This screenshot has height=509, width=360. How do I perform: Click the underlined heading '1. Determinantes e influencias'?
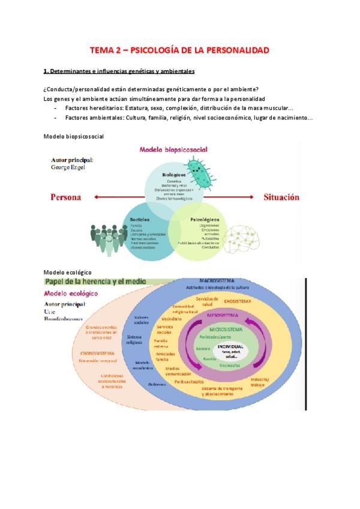click(119, 71)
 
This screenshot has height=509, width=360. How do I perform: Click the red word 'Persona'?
click(65, 197)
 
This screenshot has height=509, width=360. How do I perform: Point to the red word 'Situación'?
click(281, 197)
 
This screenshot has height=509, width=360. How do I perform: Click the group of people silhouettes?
click(107, 239)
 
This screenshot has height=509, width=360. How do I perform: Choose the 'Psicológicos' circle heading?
click(204, 220)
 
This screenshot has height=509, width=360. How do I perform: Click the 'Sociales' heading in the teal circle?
click(140, 220)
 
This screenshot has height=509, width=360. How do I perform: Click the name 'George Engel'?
click(68, 167)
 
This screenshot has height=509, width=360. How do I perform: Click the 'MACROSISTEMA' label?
click(217, 281)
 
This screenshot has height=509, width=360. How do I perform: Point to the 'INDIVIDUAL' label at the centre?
click(230, 346)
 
